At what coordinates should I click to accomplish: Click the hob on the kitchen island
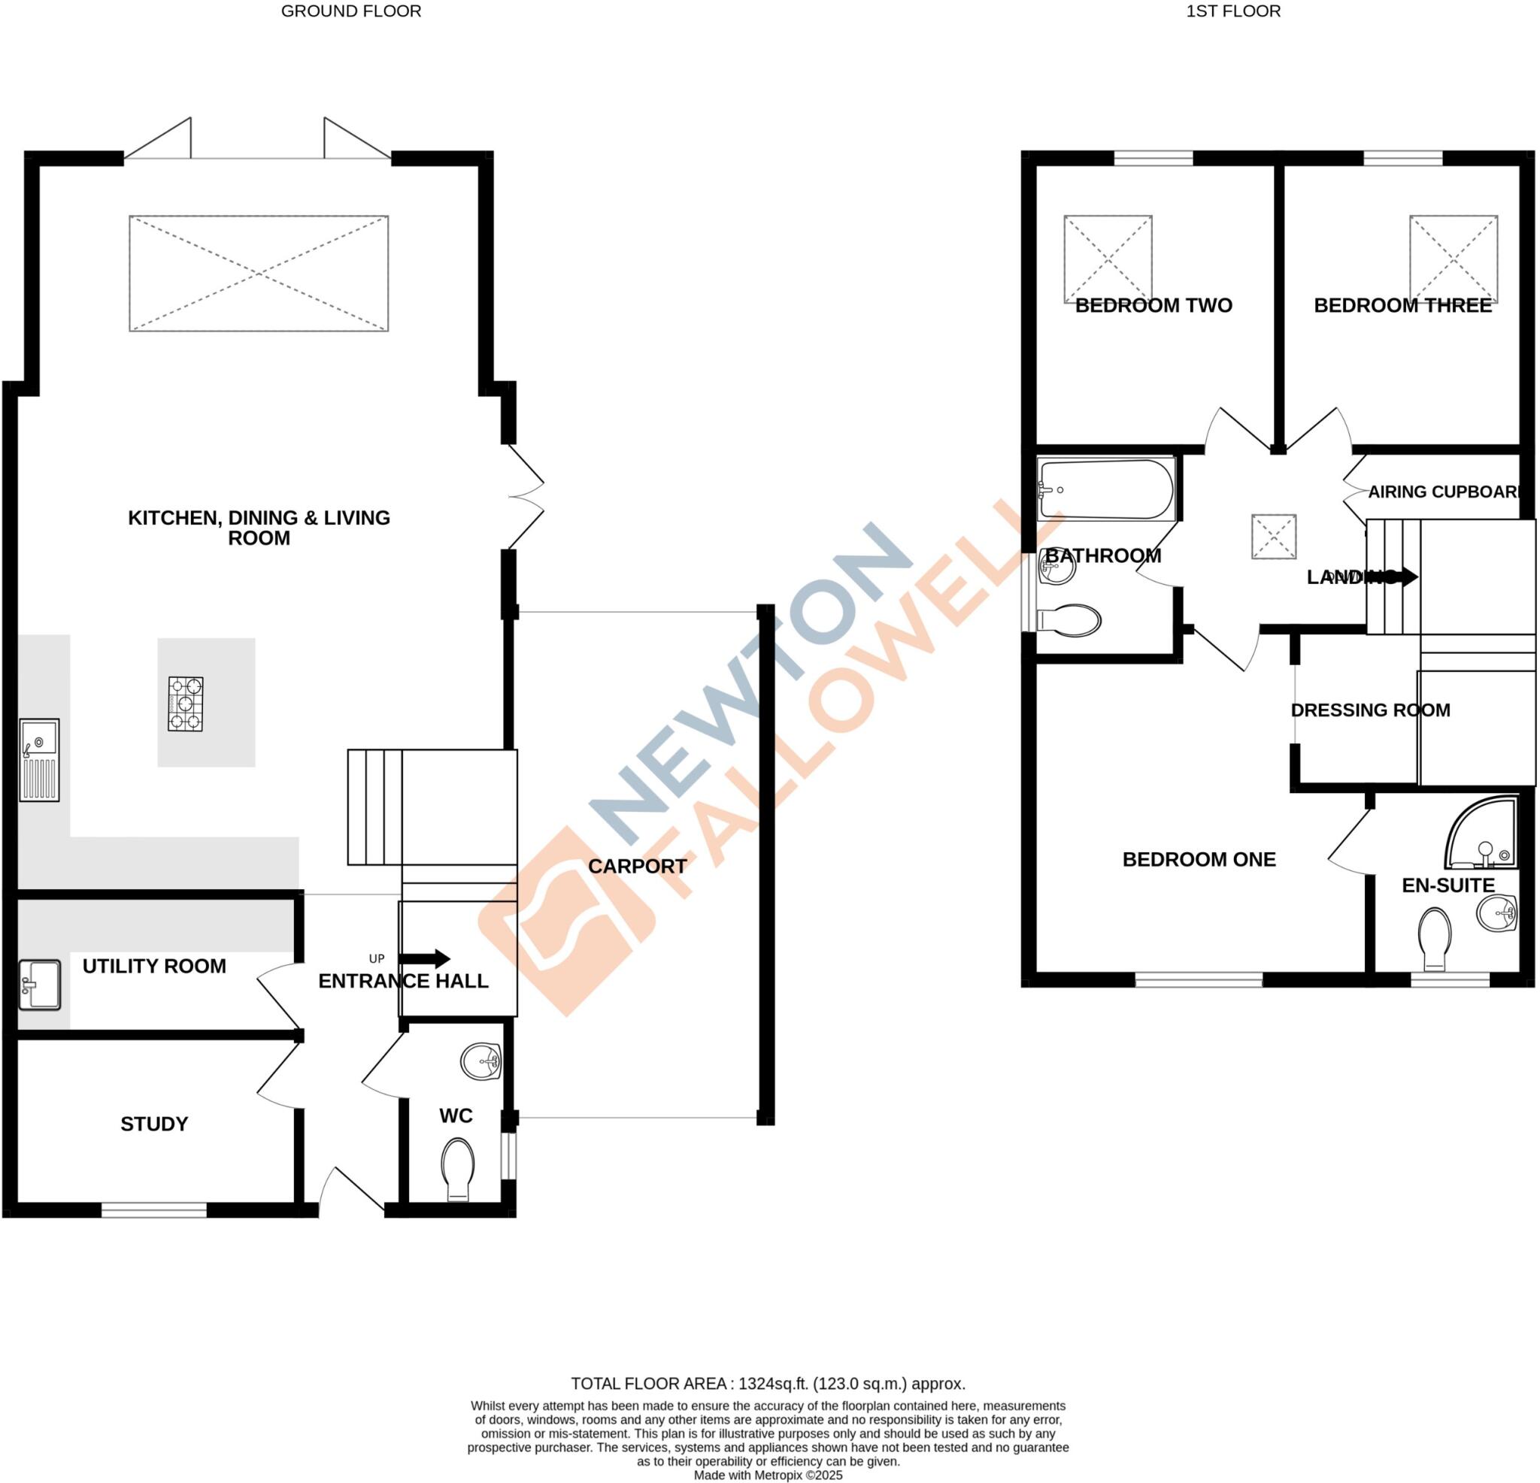[186, 704]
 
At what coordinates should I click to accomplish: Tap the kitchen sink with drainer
[39, 760]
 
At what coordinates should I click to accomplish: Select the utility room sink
[39, 984]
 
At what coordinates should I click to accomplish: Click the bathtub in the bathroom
[1105, 489]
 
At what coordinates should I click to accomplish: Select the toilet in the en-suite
[1434, 940]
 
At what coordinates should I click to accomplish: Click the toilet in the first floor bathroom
[1069, 620]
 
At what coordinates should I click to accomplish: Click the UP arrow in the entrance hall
[424, 958]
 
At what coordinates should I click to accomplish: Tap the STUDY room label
[154, 1124]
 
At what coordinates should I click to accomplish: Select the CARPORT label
[637, 867]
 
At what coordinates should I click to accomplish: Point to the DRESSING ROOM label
[1370, 710]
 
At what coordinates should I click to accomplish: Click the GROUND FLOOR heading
[351, 11]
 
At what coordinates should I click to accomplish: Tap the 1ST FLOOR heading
[1232, 11]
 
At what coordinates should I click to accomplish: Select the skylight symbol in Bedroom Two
[1108, 259]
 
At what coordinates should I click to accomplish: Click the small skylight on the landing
[1274, 537]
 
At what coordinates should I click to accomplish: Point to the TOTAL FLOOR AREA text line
[768, 1384]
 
